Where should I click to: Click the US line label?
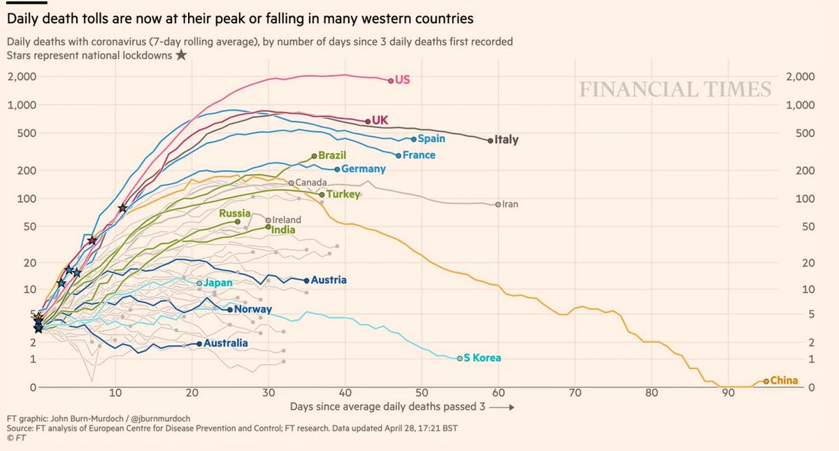[x=403, y=80]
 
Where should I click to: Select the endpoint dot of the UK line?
[x=368, y=121]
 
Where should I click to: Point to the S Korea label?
[x=482, y=358]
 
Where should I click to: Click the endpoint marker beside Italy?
[x=490, y=140]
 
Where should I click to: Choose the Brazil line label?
[x=332, y=155]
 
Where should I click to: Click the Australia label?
[x=226, y=343]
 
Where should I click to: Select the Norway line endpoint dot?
[x=230, y=309]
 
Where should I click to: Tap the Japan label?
[x=217, y=283]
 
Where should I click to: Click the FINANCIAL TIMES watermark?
[x=674, y=90]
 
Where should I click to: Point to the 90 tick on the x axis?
[x=728, y=393]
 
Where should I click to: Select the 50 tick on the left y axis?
[x=27, y=227]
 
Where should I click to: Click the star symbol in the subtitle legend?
[x=180, y=55]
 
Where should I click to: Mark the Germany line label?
[x=363, y=169]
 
